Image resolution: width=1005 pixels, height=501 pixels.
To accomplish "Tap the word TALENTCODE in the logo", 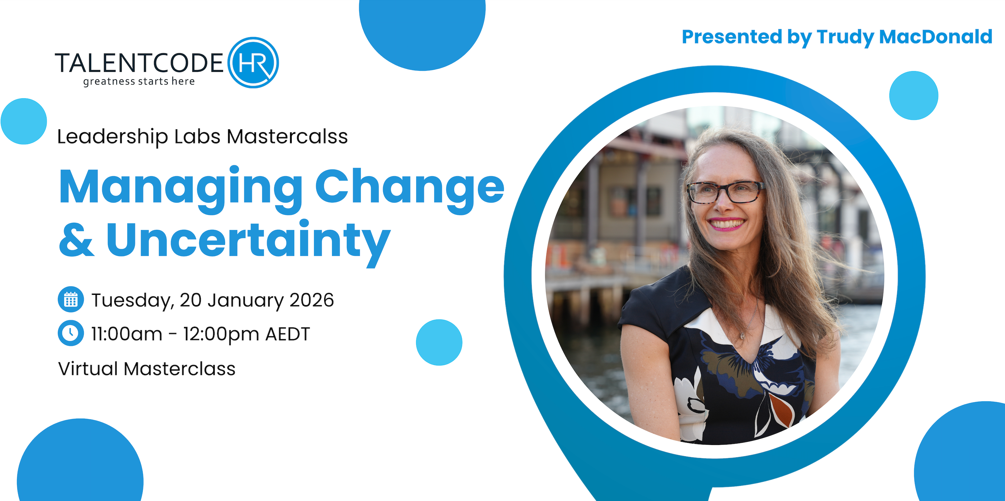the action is (x=139, y=63).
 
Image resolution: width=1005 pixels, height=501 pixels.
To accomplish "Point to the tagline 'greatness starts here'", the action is (x=139, y=81).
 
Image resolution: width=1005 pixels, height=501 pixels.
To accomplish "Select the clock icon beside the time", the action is (x=70, y=333).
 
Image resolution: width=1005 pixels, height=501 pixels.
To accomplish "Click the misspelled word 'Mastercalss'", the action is (x=287, y=137).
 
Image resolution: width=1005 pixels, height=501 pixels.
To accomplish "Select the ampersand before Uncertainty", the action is (x=76, y=240).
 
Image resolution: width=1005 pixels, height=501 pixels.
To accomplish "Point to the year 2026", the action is (x=312, y=300).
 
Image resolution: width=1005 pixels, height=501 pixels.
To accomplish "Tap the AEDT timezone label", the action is (x=288, y=334).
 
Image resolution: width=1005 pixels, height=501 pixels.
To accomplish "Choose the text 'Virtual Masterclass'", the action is (x=147, y=369).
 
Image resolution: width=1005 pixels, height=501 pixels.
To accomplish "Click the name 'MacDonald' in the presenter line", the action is (x=936, y=37).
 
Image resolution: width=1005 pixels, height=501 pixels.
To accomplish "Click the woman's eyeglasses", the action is (x=726, y=192).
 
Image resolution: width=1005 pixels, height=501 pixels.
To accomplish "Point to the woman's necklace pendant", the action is (x=742, y=335).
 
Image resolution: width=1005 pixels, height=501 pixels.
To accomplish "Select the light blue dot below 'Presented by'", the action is (x=914, y=95).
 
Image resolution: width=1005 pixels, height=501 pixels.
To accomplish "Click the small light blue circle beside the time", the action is (x=439, y=342).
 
